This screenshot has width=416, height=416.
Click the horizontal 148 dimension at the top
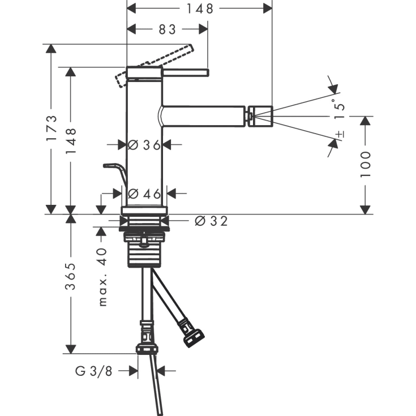200,8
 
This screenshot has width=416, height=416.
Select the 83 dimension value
167,29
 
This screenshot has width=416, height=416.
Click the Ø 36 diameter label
144,145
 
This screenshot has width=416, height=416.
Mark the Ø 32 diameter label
211,221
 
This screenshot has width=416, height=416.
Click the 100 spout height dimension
366,164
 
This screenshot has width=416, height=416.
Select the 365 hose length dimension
71,276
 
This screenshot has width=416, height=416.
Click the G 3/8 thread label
94,371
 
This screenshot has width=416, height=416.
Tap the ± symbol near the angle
339,134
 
